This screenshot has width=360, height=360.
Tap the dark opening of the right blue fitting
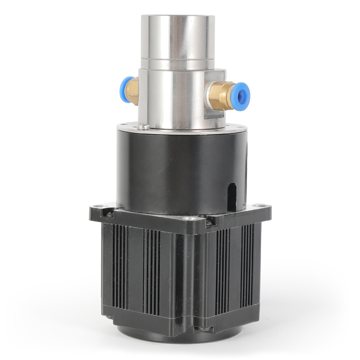(243, 95)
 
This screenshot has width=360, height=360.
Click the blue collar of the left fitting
(126, 90)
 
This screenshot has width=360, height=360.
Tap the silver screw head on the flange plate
(144, 127)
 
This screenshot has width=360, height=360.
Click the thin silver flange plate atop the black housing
(180, 130)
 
